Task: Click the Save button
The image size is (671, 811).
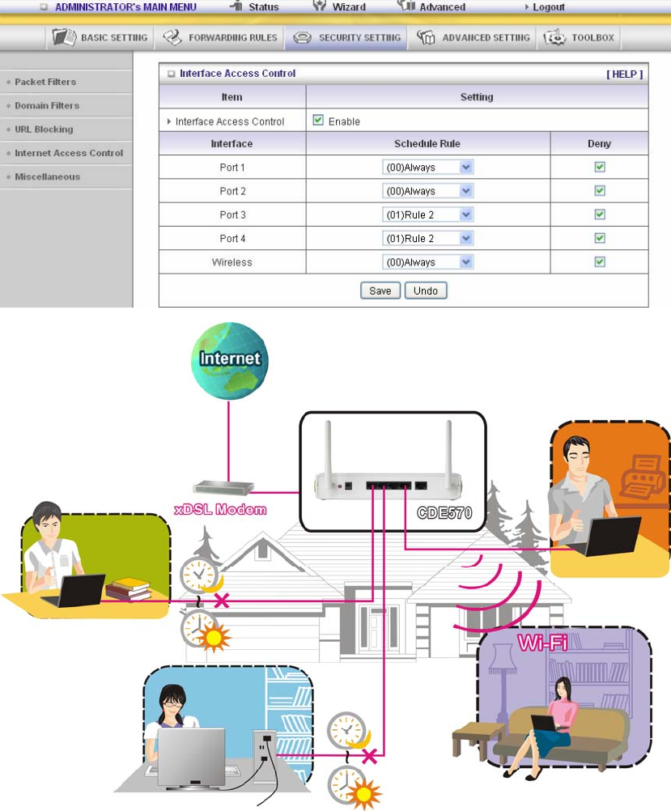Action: tap(380, 291)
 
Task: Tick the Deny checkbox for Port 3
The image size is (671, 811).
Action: tap(600, 214)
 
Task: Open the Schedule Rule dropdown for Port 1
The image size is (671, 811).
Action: tap(427, 168)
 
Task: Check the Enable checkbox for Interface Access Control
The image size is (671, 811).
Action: tap(318, 121)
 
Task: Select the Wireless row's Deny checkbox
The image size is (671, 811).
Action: tap(600, 261)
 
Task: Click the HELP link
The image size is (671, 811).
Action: tap(624, 74)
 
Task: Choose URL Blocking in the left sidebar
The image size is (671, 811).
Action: tap(44, 130)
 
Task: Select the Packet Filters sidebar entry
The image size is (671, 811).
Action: tap(45, 82)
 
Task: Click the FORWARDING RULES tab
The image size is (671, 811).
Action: tap(220, 37)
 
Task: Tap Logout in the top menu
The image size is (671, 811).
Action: tap(548, 7)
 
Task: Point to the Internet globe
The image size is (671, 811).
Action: tap(230, 359)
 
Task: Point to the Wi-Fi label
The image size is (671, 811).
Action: tap(542, 643)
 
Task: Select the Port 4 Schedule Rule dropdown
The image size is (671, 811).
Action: tap(427, 238)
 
